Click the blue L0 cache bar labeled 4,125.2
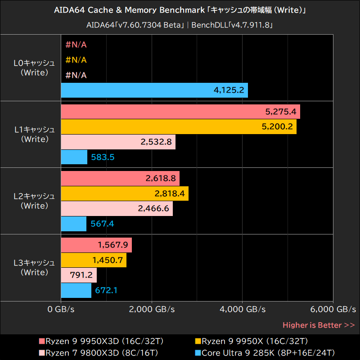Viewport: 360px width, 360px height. pos(154,90)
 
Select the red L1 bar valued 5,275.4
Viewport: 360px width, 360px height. pos(180,112)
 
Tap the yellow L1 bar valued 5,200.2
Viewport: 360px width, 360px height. pos(178,127)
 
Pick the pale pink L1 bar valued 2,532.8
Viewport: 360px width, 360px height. pos(118,142)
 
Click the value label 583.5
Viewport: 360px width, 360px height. pos(103,157)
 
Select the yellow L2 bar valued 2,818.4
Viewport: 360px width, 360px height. pos(124,193)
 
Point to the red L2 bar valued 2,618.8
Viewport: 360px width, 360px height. pos(120,178)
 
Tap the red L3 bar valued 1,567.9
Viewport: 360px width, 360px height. pos(96,245)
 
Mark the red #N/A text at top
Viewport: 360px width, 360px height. pos(76,45)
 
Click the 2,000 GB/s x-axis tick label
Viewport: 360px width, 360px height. pos(152,310)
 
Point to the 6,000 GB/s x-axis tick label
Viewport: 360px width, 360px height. pos(333,310)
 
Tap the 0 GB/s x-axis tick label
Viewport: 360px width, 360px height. pos(61,310)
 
